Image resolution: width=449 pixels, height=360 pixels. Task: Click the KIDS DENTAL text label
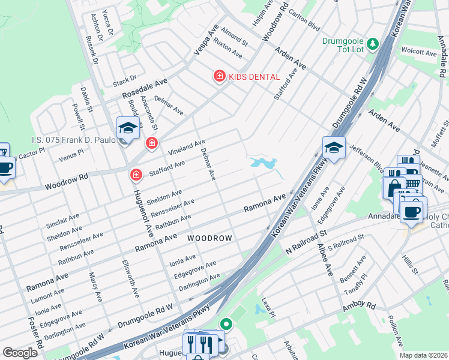pyautogui.click(x=253, y=77)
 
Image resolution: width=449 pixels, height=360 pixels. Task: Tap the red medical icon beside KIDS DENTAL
pyautogui.click(x=219, y=76)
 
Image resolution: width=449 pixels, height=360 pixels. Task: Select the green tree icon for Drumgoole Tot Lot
pyautogui.click(x=372, y=44)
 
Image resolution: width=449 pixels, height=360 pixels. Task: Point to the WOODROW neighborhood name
pyautogui.click(x=209, y=238)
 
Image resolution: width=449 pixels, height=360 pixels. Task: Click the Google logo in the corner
pyautogui.click(x=20, y=353)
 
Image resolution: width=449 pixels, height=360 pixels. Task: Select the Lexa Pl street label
pyautogui.click(x=268, y=307)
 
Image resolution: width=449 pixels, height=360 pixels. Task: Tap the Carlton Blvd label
pyautogui.click(x=304, y=20)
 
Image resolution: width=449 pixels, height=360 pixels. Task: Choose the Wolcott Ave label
pyautogui.click(x=418, y=52)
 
